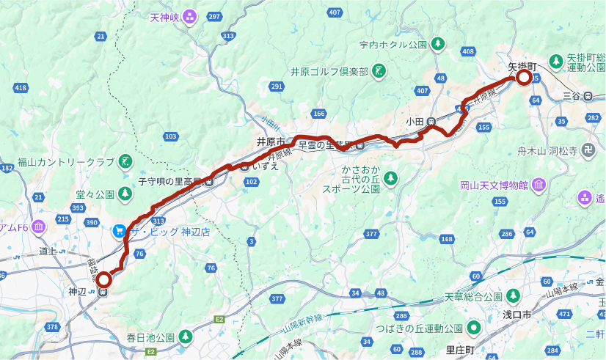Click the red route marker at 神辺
[x=104, y=279]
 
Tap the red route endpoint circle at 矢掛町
[x=524, y=78]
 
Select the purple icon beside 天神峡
[x=190, y=16]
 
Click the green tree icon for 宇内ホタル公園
[x=438, y=44]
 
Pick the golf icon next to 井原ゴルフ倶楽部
[x=379, y=71]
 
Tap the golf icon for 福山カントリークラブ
[x=125, y=161]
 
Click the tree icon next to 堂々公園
[x=125, y=194]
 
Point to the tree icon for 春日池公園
[x=186, y=337]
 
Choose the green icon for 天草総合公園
[x=514, y=296]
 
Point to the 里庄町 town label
[x=461, y=350]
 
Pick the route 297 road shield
[x=214, y=17]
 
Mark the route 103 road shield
[x=172, y=136]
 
